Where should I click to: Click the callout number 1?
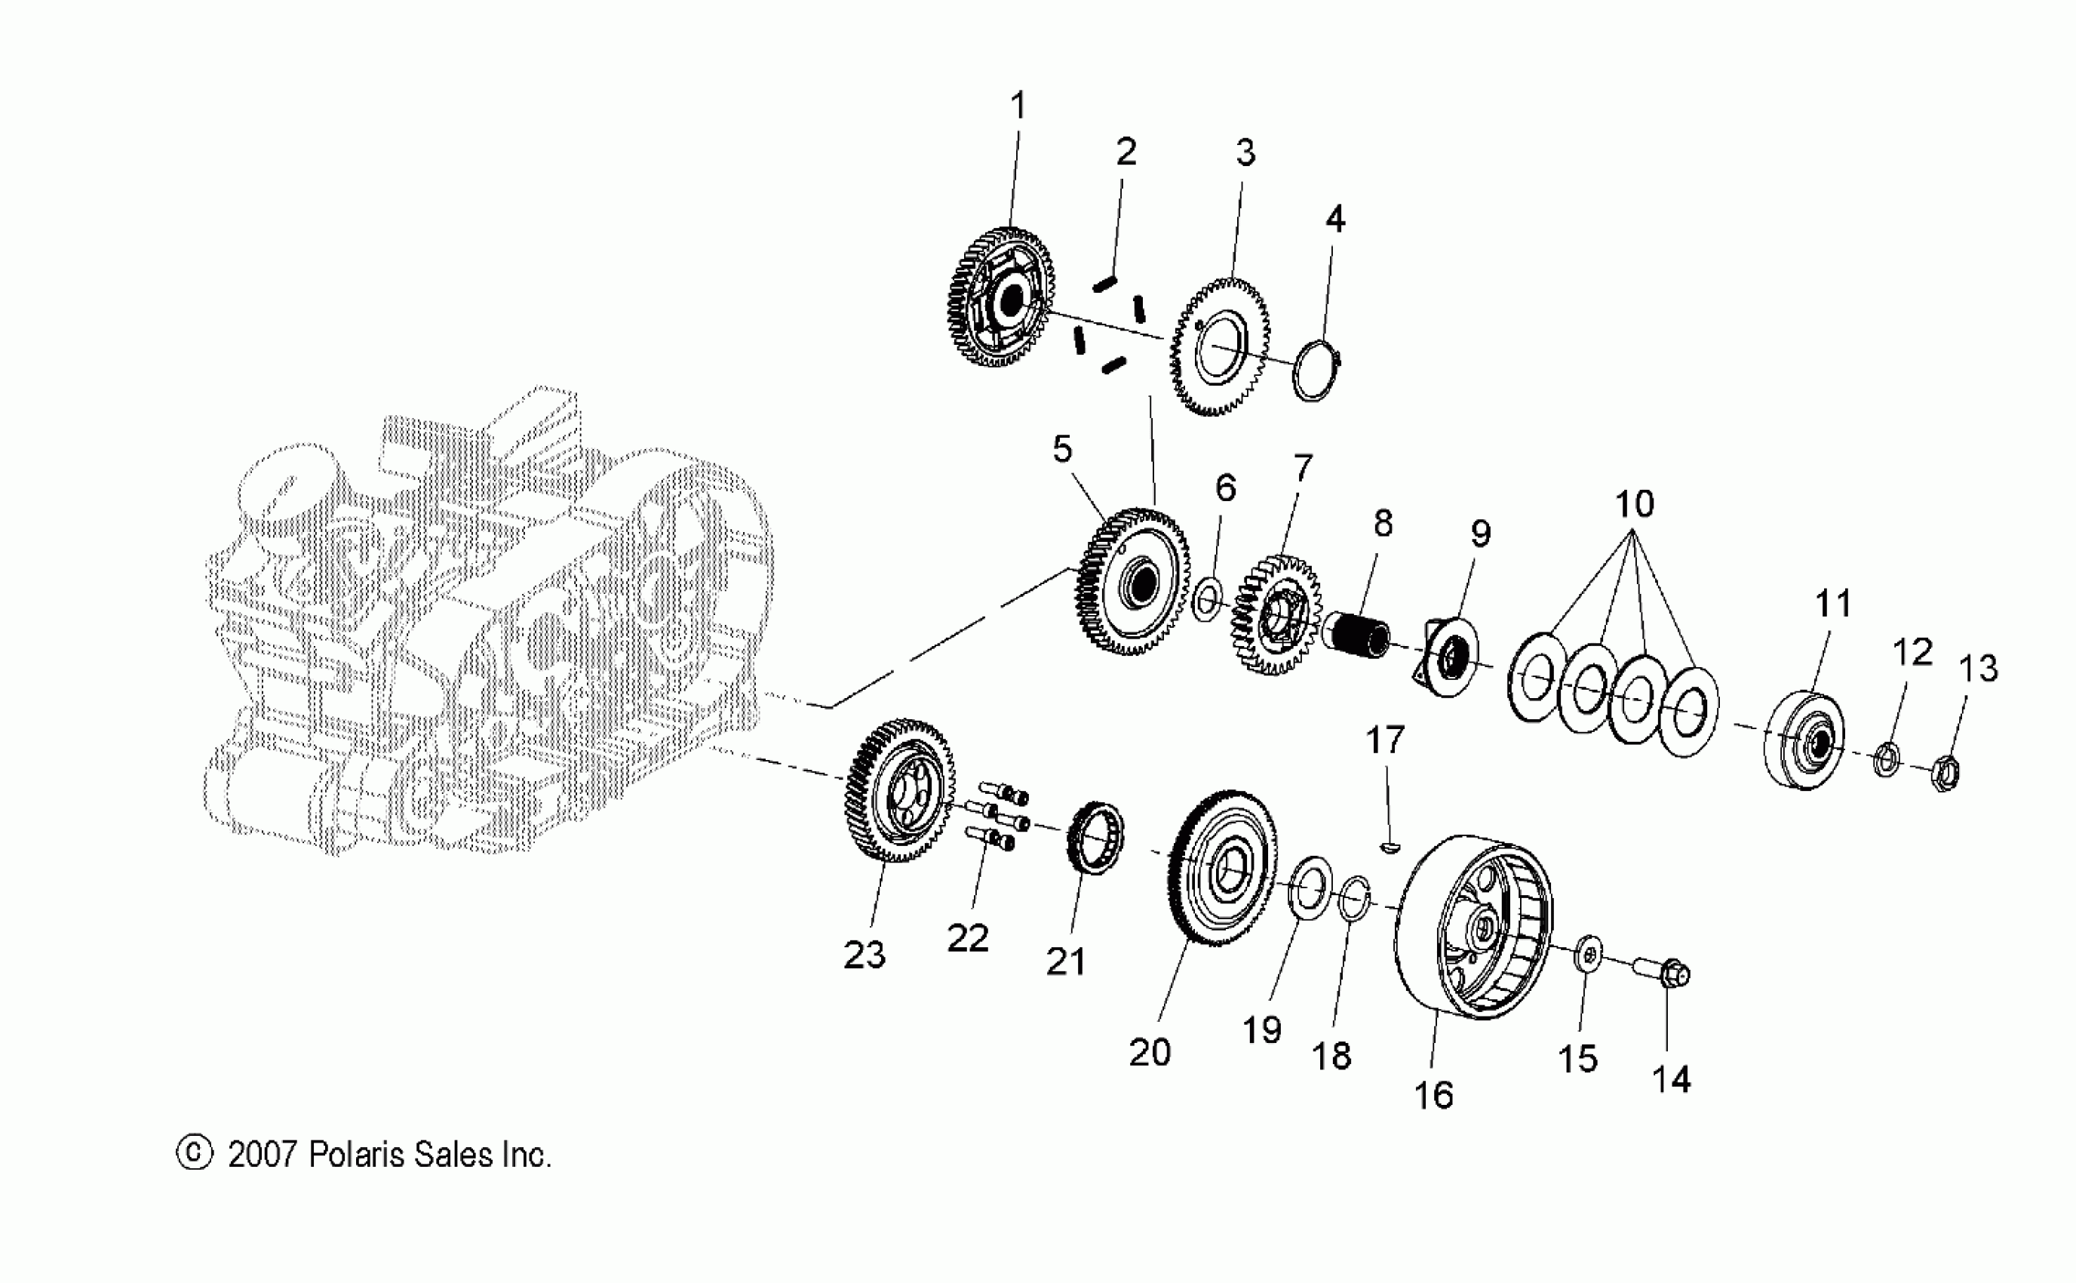point(1018,106)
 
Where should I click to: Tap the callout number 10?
point(1634,504)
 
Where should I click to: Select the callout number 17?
point(1385,740)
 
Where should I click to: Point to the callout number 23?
point(864,955)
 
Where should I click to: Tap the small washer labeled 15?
point(1589,955)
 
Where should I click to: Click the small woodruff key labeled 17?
point(1389,847)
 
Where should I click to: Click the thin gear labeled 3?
point(1220,346)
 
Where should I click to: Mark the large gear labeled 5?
point(1132,581)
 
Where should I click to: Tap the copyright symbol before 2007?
point(194,1153)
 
